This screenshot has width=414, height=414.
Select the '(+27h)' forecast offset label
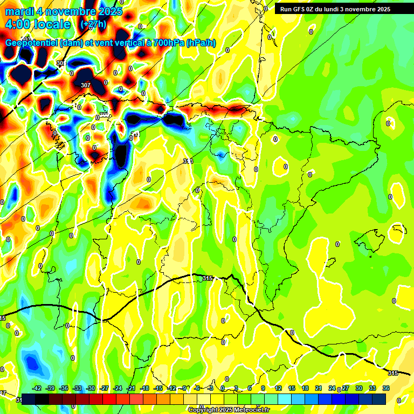click(93, 24)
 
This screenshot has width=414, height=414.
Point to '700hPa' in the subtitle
click(165, 43)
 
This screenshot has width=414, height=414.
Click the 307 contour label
click(85, 85)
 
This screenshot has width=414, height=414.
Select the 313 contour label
click(188, 161)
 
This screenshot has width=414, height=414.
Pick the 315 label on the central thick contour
click(208, 278)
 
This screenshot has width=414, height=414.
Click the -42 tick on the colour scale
click(37, 388)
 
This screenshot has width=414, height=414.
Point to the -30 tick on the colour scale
click(91, 388)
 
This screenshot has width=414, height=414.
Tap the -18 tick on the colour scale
click(144, 388)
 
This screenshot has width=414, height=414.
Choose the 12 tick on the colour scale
click(278, 388)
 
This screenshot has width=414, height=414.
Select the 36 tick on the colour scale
click(386, 388)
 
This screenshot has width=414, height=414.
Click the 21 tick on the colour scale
click(318, 388)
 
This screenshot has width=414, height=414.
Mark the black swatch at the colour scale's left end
click(28, 398)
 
